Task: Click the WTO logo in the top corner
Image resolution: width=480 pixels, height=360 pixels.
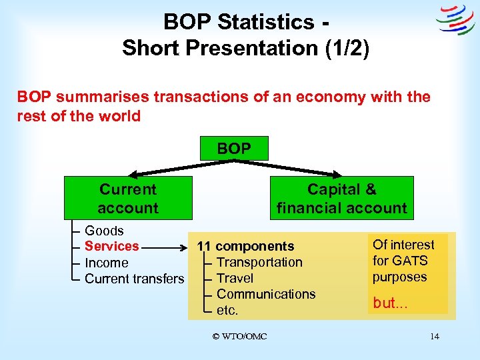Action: tap(455, 21)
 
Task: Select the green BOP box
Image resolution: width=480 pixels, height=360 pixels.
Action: tap(233, 148)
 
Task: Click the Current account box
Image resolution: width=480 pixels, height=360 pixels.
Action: tap(128, 198)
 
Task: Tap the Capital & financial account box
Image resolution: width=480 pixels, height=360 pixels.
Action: tap(341, 198)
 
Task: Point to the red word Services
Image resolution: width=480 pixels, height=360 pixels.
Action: tap(112, 246)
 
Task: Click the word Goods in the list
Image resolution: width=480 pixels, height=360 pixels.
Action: tap(104, 231)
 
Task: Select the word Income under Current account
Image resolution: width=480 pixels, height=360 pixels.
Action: tap(107, 263)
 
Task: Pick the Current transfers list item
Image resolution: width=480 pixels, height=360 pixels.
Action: tap(134, 279)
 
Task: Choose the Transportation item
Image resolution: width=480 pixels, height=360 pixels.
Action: tap(259, 263)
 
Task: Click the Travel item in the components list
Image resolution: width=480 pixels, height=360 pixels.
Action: tap(235, 278)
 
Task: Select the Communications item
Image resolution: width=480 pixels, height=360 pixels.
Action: tap(266, 294)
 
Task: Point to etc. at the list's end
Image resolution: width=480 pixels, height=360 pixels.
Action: tap(227, 310)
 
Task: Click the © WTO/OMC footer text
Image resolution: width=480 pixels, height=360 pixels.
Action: tap(239, 337)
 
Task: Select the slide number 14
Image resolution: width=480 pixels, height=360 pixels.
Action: tap(434, 337)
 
